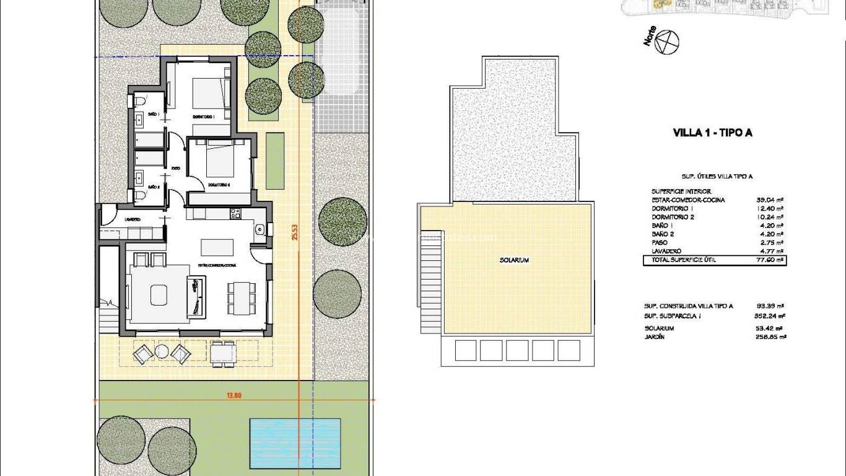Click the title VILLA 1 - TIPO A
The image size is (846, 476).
(x=712, y=133)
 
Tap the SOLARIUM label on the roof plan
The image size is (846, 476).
(x=514, y=260)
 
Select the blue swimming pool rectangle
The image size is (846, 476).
(x=295, y=443)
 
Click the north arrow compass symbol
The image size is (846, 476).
(x=668, y=42)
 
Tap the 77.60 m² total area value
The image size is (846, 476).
(x=770, y=260)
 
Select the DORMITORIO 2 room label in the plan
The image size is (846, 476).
(x=219, y=185)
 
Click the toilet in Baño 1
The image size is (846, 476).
(x=140, y=100)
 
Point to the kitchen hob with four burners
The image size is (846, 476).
(x=235, y=214)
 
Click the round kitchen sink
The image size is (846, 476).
(x=259, y=231)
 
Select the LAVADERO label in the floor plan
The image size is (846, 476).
(x=132, y=219)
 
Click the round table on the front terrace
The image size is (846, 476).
(x=162, y=352)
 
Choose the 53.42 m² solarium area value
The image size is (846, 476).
(x=770, y=328)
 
